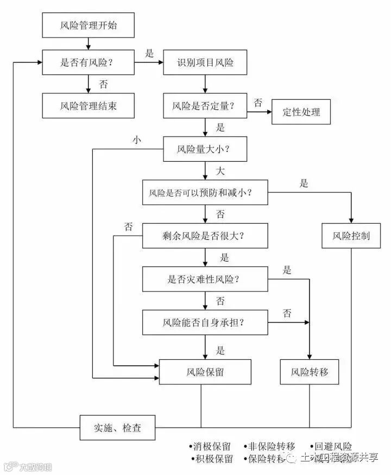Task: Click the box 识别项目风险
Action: pyautogui.click(x=205, y=62)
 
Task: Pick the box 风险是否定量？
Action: pyautogui.click(x=205, y=105)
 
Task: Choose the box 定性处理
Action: pyautogui.click(x=301, y=112)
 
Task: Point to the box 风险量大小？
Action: pyautogui.click(x=205, y=148)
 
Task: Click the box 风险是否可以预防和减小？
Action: pyautogui.click(x=205, y=193)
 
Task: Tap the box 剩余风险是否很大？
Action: pyautogui.click(x=205, y=236)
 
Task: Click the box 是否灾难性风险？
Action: pyautogui.click(x=205, y=280)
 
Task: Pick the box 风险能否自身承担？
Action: pyautogui.click(x=205, y=322)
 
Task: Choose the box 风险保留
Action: pyautogui.click(x=205, y=372)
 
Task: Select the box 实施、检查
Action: pyautogui.click(x=117, y=428)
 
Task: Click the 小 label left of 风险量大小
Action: pyautogui.click(x=136, y=140)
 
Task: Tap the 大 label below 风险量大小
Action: pyautogui.click(x=220, y=171)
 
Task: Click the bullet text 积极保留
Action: pyautogui.click(x=212, y=459)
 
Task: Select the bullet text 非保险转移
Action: pyautogui.click(x=270, y=446)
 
